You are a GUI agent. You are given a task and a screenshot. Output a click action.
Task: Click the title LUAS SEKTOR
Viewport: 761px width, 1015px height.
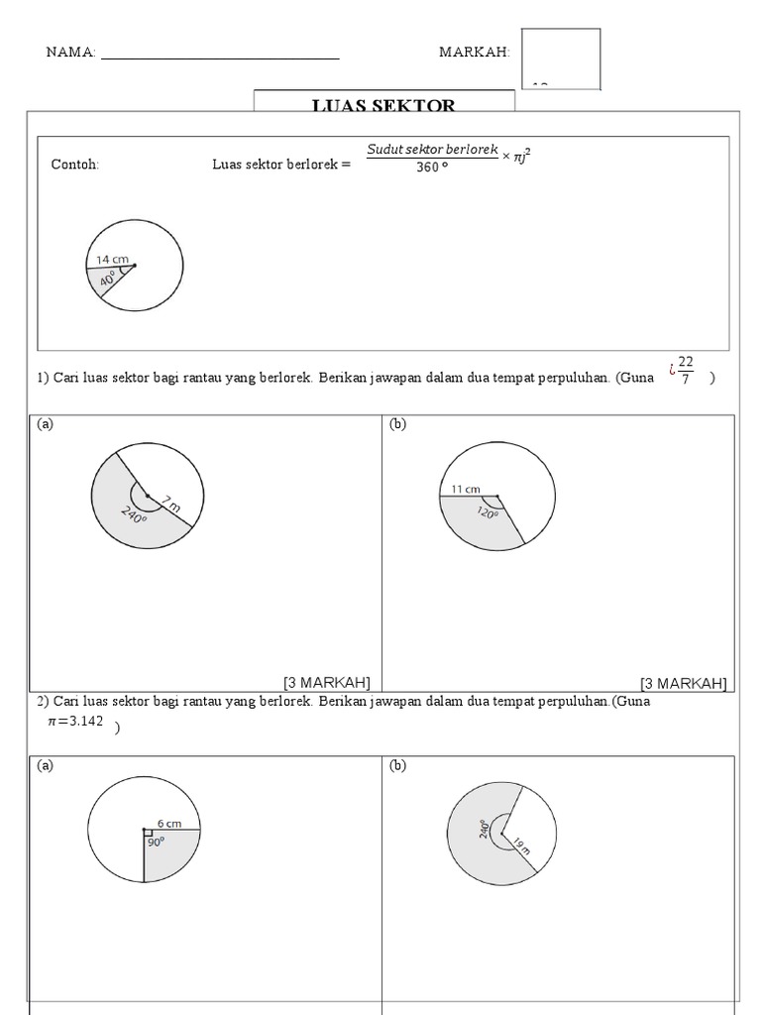point(383,105)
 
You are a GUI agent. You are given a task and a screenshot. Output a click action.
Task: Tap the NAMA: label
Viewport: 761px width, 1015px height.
point(70,53)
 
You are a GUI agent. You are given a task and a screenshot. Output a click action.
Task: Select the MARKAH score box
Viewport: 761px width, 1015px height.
point(560,58)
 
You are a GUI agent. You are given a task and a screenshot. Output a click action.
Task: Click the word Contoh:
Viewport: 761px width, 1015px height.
point(75,165)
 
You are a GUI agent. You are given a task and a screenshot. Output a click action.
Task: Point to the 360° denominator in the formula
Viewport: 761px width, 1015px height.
point(431,168)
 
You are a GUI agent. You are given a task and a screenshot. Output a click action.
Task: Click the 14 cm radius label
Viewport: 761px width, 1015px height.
point(112,259)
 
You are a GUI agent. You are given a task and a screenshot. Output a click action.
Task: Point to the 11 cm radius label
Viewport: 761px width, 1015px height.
point(465,489)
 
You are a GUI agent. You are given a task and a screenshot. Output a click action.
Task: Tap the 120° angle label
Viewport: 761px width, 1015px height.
point(488,512)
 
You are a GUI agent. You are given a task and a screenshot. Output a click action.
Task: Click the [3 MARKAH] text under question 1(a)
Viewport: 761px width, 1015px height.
point(327,682)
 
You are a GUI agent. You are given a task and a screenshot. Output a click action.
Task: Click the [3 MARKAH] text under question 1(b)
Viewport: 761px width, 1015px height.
point(683,682)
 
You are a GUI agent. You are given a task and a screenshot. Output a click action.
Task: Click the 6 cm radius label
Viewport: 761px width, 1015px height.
point(169,823)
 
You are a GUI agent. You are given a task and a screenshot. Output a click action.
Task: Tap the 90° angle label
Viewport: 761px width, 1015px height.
point(156,842)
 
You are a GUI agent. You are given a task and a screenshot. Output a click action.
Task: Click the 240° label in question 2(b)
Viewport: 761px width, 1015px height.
point(485,829)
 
